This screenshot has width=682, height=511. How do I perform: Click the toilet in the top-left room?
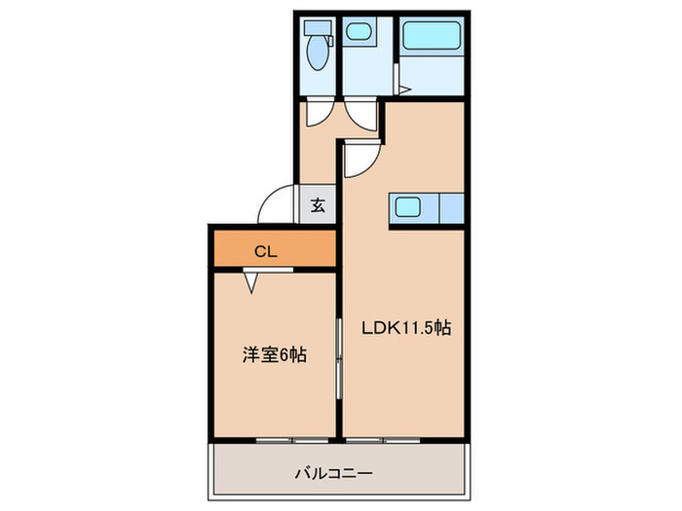(318, 53)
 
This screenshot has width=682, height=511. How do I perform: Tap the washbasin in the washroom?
(357, 32)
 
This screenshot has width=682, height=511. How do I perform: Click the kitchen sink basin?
(405, 206)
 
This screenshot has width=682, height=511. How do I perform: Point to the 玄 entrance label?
(319, 206)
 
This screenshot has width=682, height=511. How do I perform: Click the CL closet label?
(266, 251)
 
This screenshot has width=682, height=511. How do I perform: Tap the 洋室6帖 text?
(275, 355)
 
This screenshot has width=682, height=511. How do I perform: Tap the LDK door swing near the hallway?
(357, 159)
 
